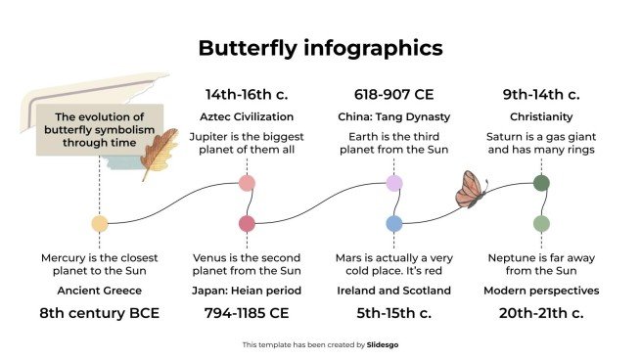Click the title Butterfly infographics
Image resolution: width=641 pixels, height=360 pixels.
coord(320,48)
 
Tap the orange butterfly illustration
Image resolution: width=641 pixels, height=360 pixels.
coord(472,189)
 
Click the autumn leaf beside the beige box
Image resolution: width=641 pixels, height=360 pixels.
coord(159,153)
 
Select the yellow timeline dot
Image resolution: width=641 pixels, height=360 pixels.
coord(99,223)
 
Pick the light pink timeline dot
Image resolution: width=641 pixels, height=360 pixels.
coord(247,183)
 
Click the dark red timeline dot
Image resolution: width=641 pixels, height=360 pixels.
coord(247,223)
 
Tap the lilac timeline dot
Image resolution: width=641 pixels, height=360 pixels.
coord(394,183)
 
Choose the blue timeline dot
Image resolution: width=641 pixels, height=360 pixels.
coord(394,223)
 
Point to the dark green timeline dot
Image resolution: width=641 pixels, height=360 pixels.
coord(541,183)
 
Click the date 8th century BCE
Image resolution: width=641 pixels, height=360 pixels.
coord(99,314)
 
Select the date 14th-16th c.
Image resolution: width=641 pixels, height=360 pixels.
coord(247,95)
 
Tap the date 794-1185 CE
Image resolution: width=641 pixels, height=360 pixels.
coord(247,314)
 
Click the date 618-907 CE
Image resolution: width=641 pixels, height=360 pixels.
coord(394,95)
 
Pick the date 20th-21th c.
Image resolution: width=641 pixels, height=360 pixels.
coord(541,314)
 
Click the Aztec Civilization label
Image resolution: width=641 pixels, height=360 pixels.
coord(247,117)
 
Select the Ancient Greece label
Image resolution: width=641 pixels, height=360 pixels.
coord(99,291)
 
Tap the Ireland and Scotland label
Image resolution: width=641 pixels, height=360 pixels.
coord(394,291)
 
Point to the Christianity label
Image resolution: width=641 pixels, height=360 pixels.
coord(541,117)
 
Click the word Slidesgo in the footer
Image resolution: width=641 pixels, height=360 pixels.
coord(383,344)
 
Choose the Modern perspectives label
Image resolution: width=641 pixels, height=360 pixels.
coord(541,291)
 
